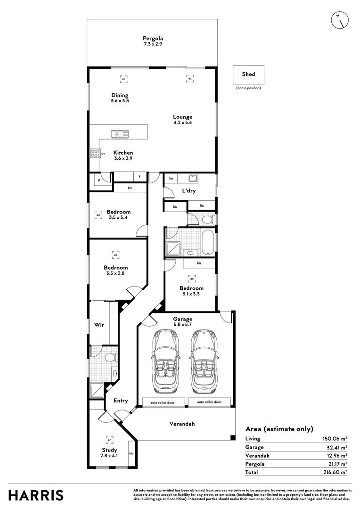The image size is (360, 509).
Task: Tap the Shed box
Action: point(248,74)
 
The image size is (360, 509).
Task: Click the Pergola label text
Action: point(153,38)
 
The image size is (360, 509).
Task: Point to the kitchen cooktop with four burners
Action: point(94,153)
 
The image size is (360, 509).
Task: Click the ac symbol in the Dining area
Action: point(123,79)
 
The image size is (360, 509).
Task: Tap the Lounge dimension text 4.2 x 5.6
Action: point(182,123)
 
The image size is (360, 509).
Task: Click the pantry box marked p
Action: point(100,180)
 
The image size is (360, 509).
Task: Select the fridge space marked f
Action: point(139,177)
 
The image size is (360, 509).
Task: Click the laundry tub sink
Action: point(192,178)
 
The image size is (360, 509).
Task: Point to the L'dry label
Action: point(189,191)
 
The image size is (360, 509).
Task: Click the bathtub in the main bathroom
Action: point(208,241)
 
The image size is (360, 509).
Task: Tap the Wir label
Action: point(99,325)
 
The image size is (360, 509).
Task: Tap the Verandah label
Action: point(182,424)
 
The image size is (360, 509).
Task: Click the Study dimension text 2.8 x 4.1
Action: point(109,456)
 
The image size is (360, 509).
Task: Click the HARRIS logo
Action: point(36,495)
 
